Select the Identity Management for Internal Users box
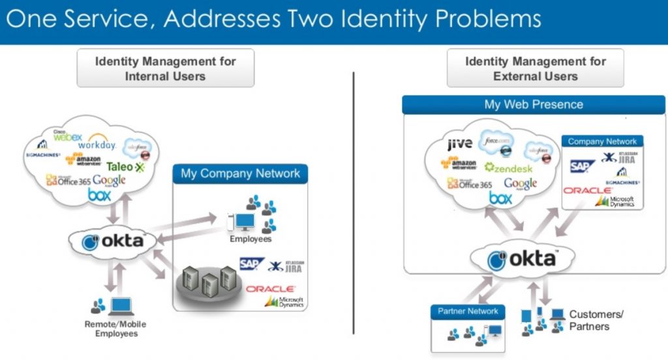(x=166, y=68)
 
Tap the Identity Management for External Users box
(x=535, y=68)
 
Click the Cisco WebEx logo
(x=67, y=137)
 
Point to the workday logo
(x=97, y=143)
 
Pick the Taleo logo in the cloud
(x=125, y=167)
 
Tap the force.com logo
(x=497, y=142)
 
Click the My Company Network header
(x=240, y=173)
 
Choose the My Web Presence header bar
(x=534, y=104)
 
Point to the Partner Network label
(x=468, y=311)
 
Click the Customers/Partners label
(x=596, y=320)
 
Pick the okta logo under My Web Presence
(x=522, y=260)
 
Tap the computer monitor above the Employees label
(x=245, y=222)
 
